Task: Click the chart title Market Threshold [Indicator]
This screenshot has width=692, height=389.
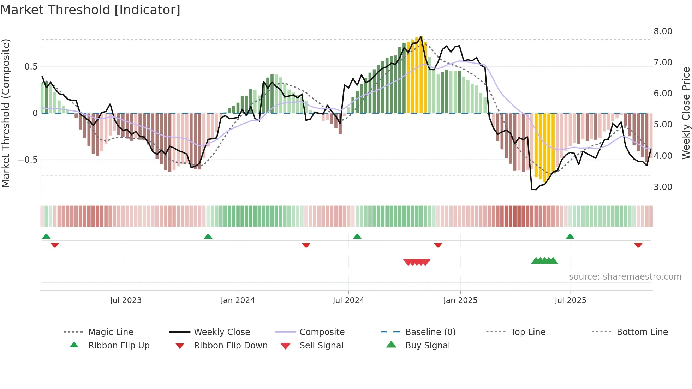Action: point(90,10)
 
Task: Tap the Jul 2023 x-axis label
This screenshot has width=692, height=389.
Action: point(126,300)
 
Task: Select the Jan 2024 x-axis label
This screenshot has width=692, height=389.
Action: point(238,300)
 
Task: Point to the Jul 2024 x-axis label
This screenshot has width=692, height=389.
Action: point(348,300)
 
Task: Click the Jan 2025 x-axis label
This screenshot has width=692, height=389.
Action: point(460,300)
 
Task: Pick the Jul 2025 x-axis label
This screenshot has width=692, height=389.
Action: point(570,300)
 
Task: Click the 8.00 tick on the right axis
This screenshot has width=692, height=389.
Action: point(663,31)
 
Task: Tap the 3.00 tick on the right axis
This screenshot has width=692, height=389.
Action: point(663,187)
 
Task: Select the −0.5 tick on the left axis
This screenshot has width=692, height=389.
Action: point(28,160)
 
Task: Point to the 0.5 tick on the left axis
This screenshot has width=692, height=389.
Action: point(31,67)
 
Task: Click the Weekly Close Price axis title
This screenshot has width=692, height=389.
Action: point(686,113)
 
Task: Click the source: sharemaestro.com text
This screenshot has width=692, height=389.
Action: point(625,277)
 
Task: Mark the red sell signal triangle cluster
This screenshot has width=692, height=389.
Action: point(417,262)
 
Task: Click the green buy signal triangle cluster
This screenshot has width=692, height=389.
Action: point(544,261)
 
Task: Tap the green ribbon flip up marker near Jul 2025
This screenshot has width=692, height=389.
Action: point(570,237)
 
